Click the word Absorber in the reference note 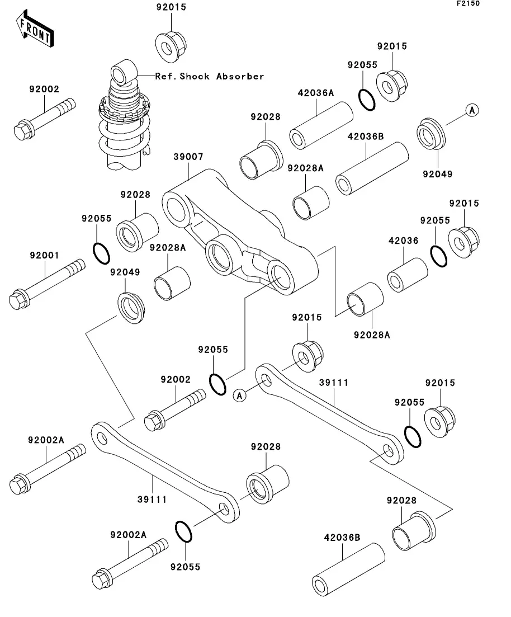coord(240,76)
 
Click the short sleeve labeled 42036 coord(408,274)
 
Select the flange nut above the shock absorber coord(170,44)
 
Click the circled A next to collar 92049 coord(472,110)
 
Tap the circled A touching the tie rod coord(240,396)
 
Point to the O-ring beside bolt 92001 coord(101,253)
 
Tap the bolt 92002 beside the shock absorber coord(44,120)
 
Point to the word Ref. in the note coord(165,76)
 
